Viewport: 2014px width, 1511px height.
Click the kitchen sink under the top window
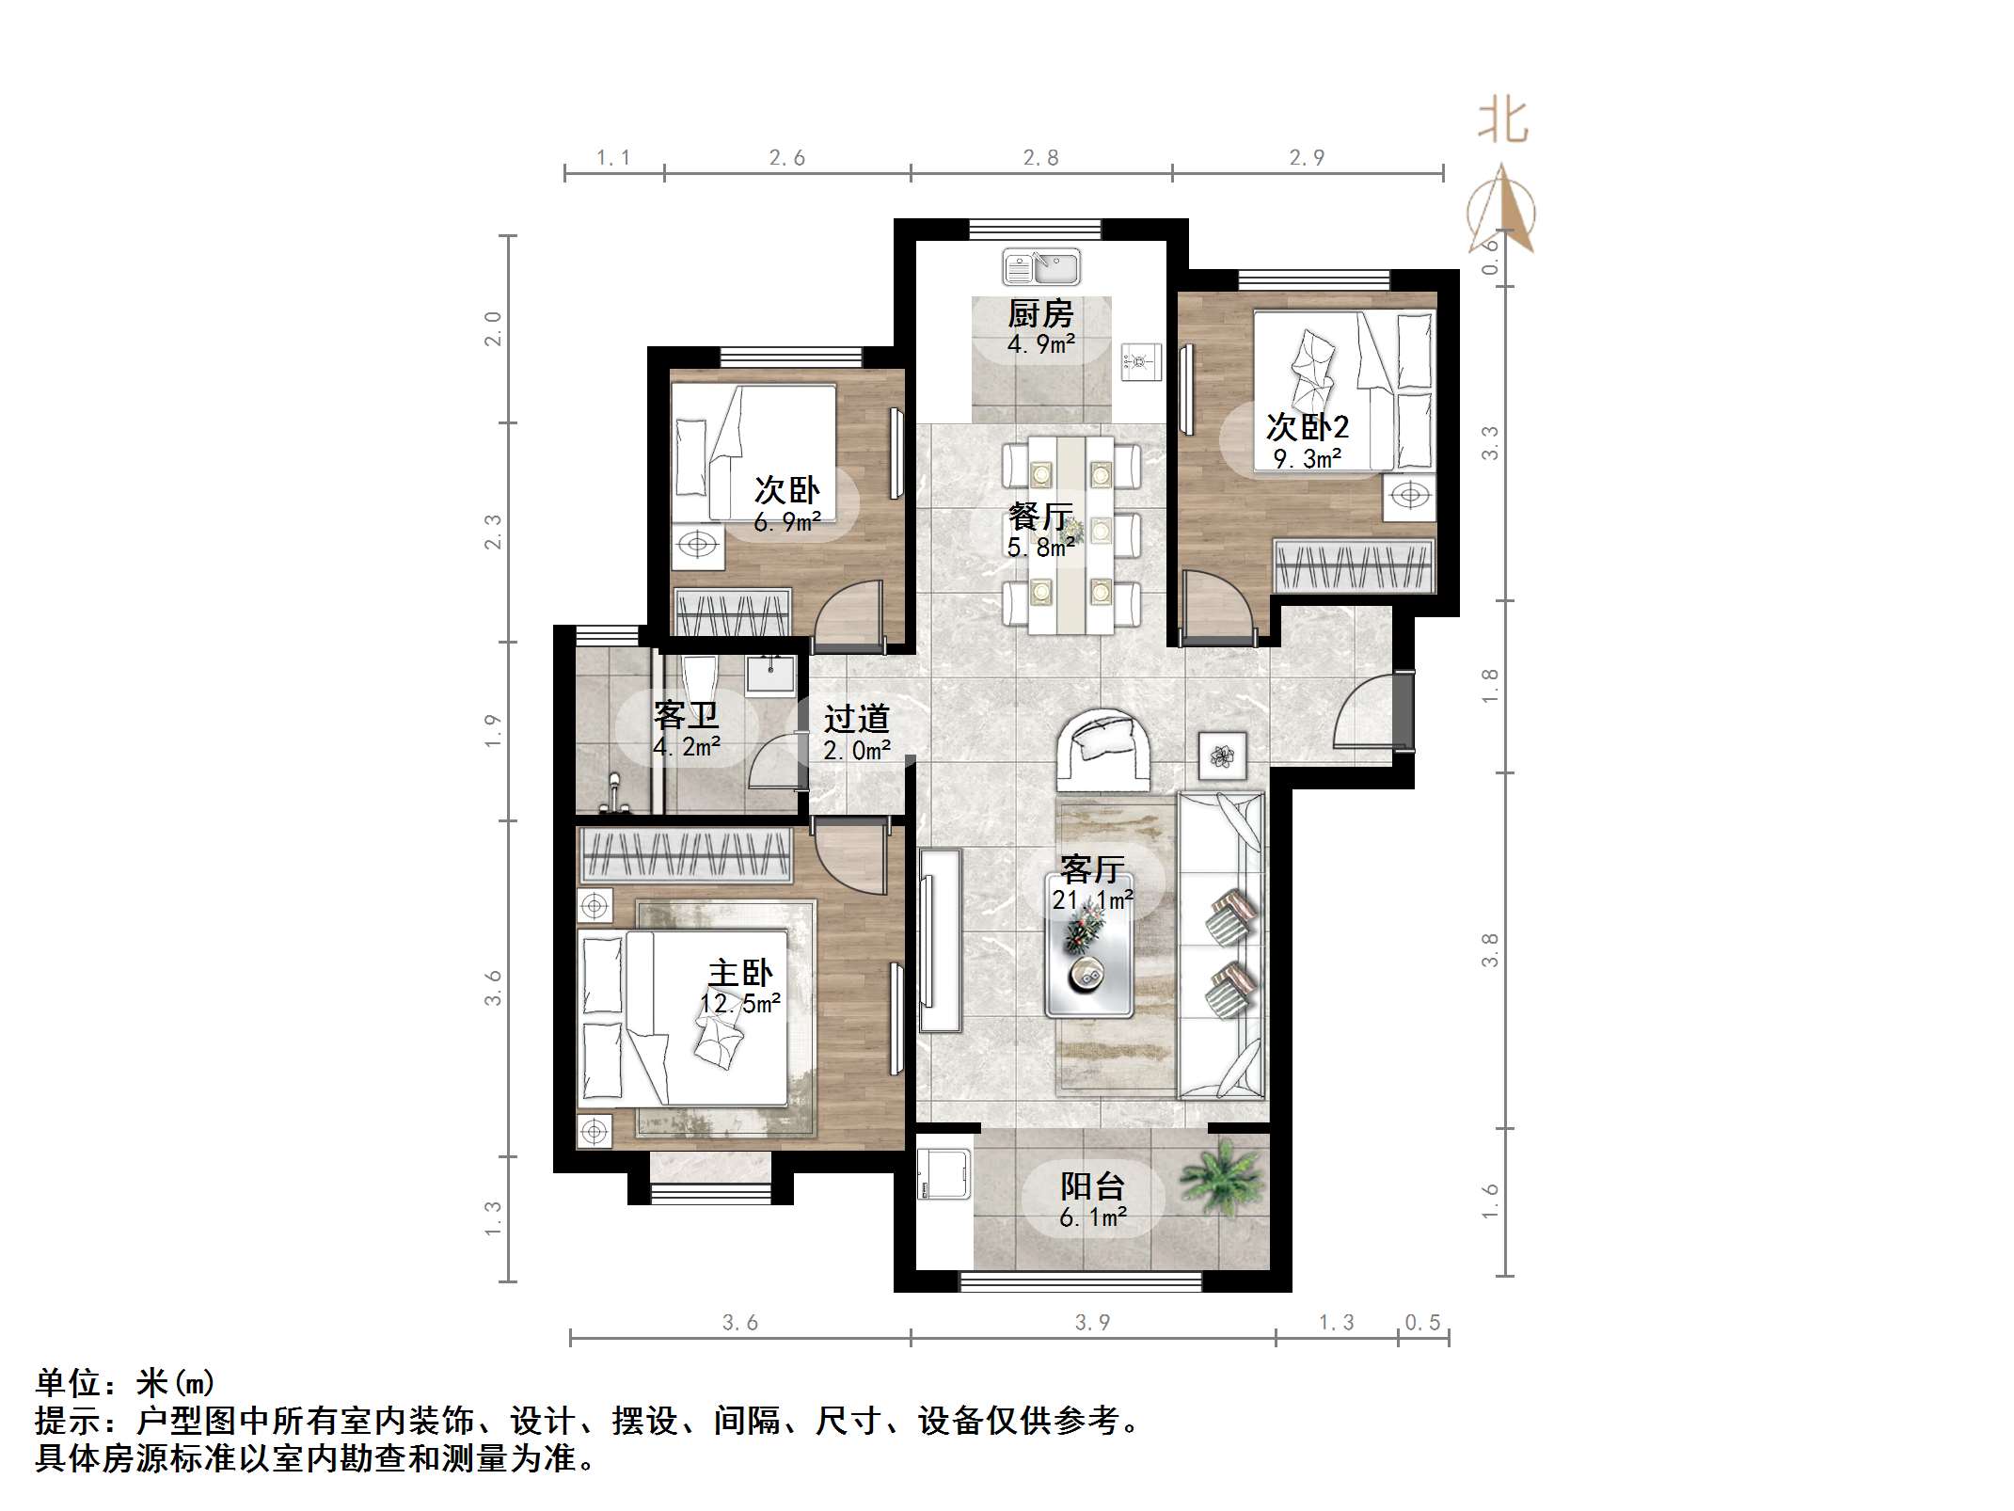click(x=1041, y=267)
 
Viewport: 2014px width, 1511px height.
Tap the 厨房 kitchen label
click(x=1040, y=314)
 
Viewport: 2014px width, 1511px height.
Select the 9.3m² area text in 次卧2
click(x=1308, y=459)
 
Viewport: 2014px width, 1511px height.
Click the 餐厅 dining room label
click(x=1039, y=517)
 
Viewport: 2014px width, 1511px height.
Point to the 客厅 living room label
click(x=1092, y=869)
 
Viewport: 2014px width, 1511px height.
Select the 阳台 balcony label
click(x=1092, y=1186)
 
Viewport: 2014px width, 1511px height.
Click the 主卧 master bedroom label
click(x=740, y=973)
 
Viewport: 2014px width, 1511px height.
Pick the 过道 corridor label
click(x=856, y=720)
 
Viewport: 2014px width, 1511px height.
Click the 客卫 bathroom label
click(x=687, y=716)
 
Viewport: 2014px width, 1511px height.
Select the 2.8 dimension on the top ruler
click(x=1041, y=158)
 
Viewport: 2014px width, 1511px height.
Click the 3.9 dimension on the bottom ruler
click(x=1092, y=1323)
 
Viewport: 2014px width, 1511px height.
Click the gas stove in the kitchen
click(x=1141, y=362)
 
